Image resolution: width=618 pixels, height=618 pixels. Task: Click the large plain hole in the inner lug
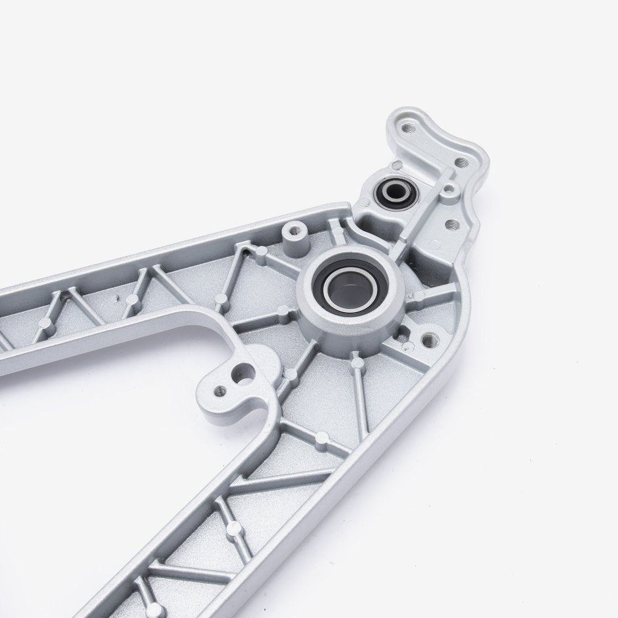click(x=243, y=372)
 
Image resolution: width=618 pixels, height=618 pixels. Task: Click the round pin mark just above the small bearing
click(x=397, y=166)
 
